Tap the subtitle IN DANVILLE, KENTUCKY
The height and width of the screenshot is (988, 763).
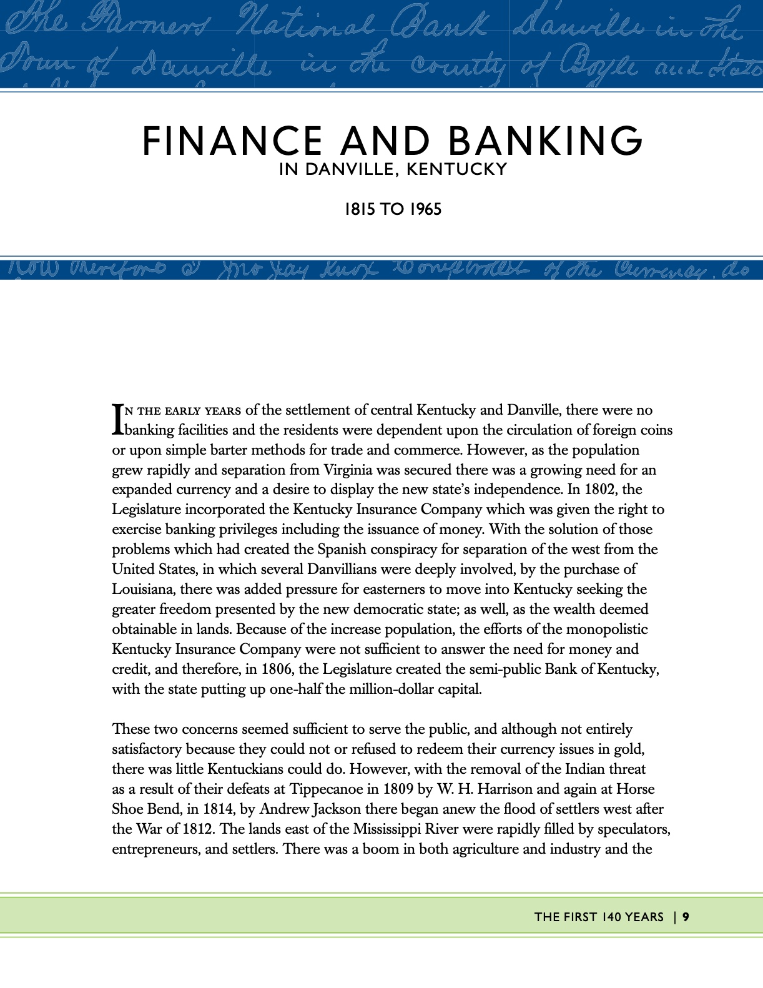click(393, 169)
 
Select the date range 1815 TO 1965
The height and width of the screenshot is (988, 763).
click(393, 209)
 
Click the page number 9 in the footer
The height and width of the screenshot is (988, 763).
click(686, 917)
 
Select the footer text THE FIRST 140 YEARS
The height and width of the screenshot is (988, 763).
click(599, 917)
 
